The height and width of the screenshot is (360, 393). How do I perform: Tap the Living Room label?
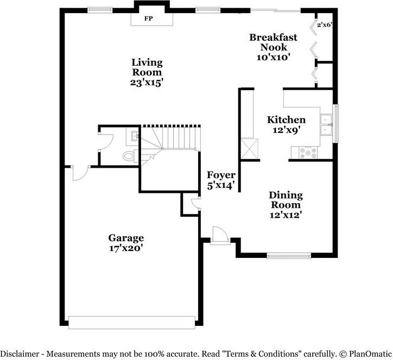tap(147, 67)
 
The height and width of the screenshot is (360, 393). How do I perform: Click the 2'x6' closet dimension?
tap(324, 24)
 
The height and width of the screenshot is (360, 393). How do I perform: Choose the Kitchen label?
tap(286, 120)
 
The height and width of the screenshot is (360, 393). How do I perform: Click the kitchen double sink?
tap(326, 125)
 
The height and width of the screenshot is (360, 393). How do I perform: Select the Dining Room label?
tap(286, 200)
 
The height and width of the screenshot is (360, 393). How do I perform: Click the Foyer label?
tap(221, 175)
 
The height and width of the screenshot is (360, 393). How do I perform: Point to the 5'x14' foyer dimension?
tap(221, 186)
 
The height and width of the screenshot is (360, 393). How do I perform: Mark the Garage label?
tap(126, 238)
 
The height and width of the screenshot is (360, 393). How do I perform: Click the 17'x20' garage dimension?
tap(126, 248)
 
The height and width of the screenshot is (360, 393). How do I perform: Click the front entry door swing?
tap(220, 236)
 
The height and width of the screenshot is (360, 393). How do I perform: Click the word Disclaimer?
tap(20, 353)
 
